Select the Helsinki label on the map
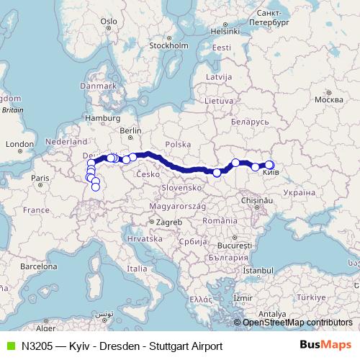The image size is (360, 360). pyautogui.click(x=225, y=31)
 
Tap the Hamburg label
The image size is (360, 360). pyautogui.click(x=102, y=117)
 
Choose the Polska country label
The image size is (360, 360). pyautogui.click(x=178, y=144)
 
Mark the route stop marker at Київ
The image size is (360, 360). pyautogui.click(x=269, y=165)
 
